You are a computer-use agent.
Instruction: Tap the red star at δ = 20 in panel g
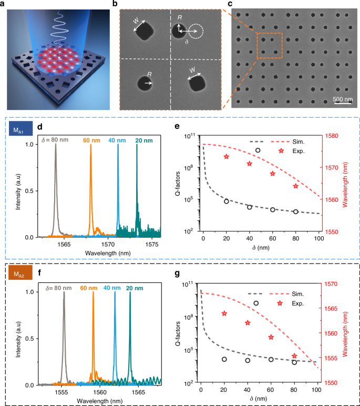[224, 313]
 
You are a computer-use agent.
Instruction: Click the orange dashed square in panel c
[270, 46]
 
